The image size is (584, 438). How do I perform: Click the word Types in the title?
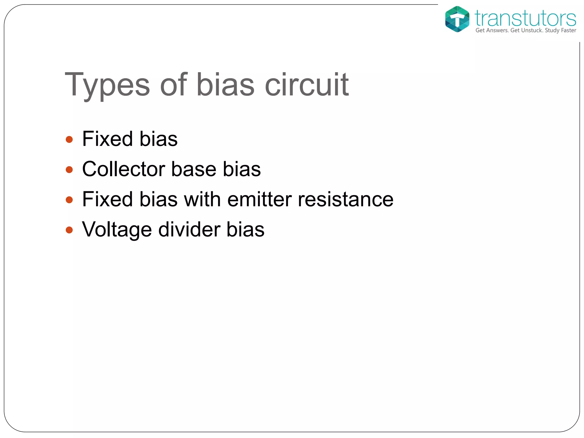[107, 85]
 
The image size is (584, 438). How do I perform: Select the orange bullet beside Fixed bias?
[69, 139]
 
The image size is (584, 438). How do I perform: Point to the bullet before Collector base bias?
[69, 170]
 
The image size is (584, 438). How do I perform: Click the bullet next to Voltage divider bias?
[69, 230]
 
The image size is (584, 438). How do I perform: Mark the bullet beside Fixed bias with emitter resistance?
[69, 200]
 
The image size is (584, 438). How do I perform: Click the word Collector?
[123, 169]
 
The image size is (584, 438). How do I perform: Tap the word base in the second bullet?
[194, 169]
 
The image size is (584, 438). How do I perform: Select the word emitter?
[259, 199]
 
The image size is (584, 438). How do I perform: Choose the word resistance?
[346, 199]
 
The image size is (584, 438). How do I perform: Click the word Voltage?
[117, 230]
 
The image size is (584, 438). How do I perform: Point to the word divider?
[189, 229]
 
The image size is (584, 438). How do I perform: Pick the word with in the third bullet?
[202, 199]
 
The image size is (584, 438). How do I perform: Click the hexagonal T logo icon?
[457, 19]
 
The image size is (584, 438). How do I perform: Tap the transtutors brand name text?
[525, 18]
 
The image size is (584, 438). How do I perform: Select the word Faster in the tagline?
[569, 31]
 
